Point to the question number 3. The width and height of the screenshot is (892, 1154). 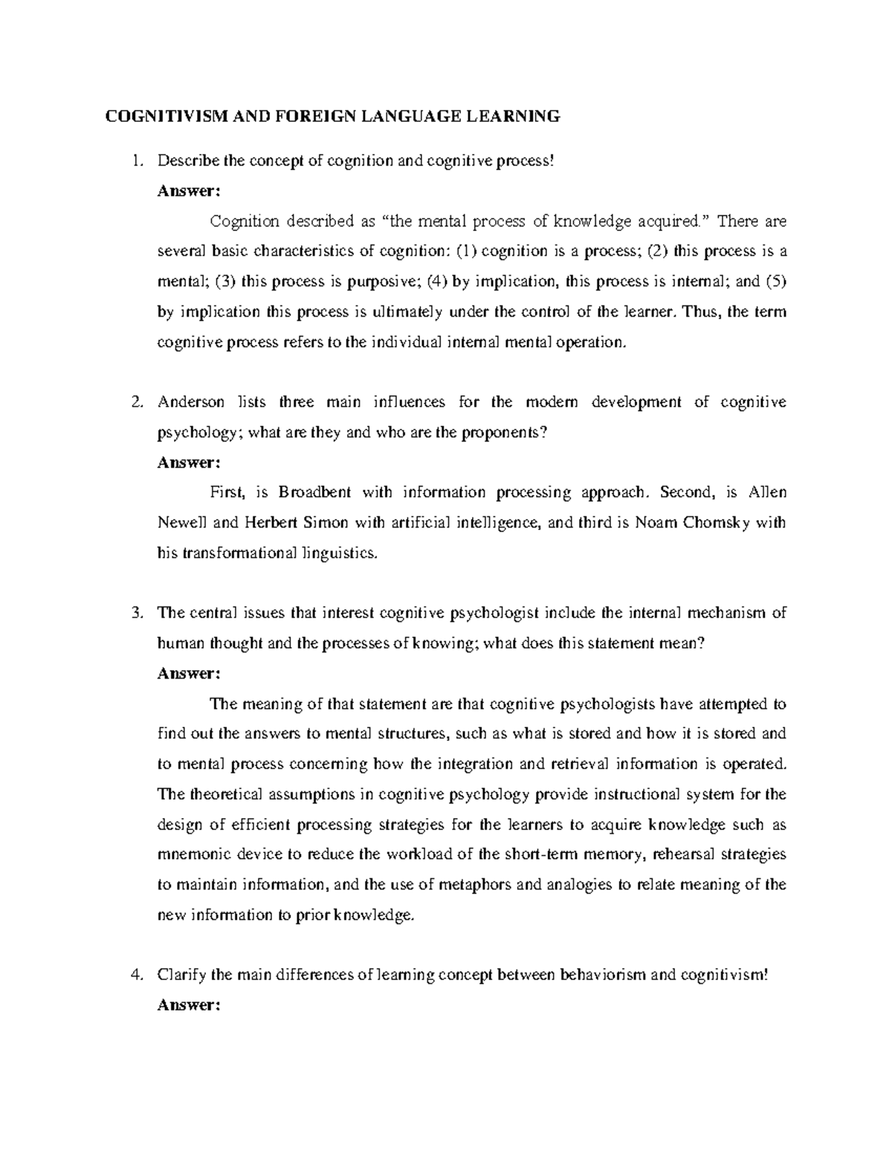(x=135, y=613)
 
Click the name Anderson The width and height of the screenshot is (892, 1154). (x=191, y=402)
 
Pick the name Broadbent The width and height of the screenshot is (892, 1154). (x=314, y=492)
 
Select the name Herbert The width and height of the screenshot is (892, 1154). (x=271, y=522)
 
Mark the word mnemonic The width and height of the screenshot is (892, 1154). (x=189, y=855)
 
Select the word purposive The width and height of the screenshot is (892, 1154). (x=368, y=282)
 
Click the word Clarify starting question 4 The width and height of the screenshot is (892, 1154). (x=181, y=975)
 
